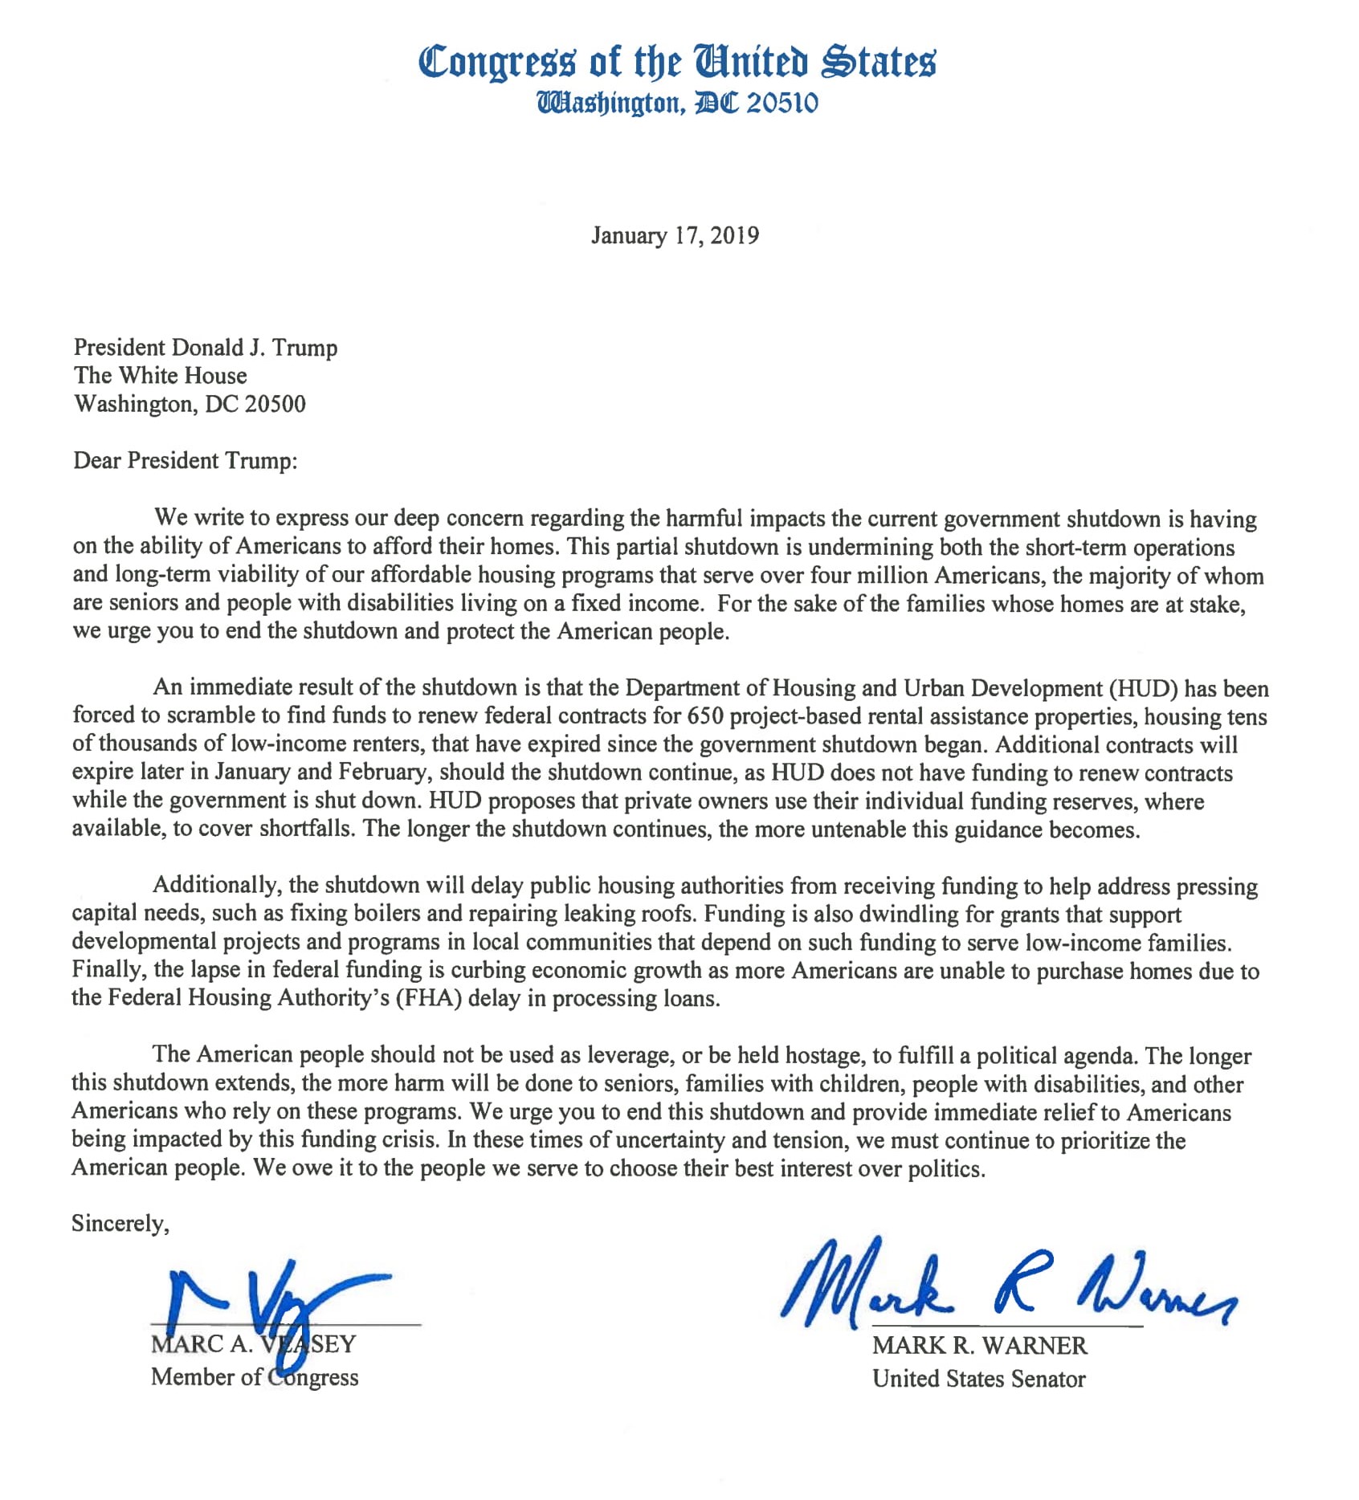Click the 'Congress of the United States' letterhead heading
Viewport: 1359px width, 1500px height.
[677, 61]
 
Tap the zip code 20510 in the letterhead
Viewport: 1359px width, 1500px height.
[782, 104]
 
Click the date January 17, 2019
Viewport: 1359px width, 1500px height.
[675, 235]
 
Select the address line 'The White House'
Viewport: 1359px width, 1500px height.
[160, 375]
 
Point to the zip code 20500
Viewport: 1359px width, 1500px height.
[275, 403]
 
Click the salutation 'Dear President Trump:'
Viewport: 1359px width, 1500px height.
[185, 460]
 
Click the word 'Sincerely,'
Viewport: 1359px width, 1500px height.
[120, 1223]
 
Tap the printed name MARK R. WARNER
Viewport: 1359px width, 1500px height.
[979, 1345]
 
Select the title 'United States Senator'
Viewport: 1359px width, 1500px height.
[978, 1379]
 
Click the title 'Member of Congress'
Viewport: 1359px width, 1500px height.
[254, 1377]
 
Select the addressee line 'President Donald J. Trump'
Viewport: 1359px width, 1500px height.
[205, 347]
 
